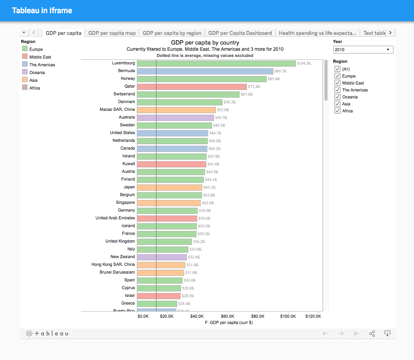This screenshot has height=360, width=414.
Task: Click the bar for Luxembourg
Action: [x=216, y=64]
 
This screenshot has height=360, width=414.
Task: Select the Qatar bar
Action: [x=191, y=87]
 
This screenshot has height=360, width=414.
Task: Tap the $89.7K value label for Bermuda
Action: [x=280, y=71]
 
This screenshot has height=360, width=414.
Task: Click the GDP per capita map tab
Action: [x=112, y=33]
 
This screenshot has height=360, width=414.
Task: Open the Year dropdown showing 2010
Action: [x=363, y=50]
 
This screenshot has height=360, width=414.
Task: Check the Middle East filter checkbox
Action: [x=337, y=83]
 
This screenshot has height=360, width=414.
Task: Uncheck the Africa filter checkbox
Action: [x=337, y=111]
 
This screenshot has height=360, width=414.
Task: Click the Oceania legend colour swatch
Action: [x=25, y=72]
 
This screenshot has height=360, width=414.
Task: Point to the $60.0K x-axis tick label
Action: [x=228, y=316]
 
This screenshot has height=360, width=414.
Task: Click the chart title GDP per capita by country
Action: [x=205, y=43]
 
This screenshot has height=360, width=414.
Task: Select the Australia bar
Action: [x=175, y=118]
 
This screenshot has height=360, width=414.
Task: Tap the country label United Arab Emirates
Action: [x=115, y=218]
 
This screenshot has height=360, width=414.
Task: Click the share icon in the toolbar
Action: [x=372, y=334]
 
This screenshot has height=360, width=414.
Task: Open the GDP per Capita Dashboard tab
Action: [x=240, y=33]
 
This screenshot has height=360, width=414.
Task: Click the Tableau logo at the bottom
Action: [x=47, y=334]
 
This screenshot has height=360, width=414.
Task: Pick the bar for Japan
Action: [x=169, y=188]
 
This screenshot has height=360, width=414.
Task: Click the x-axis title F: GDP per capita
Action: [x=228, y=322]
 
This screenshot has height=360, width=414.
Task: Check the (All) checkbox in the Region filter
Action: [x=337, y=69]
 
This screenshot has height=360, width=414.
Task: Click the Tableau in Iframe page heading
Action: [x=42, y=10]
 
